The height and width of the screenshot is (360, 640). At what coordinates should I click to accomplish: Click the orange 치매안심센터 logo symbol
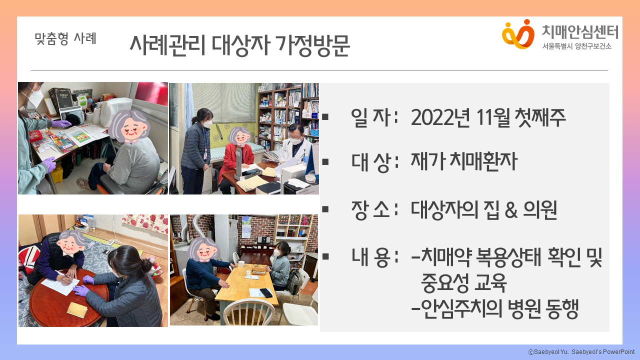[x=518, y=34]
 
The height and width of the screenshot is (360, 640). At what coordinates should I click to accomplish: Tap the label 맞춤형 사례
[x=65, y=38]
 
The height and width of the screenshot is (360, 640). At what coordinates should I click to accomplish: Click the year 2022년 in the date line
[x=440, y=117]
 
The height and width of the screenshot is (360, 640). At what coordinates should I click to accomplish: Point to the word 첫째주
[x=540, y=117]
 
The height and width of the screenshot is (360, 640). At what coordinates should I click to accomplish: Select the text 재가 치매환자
[x=464, y=161]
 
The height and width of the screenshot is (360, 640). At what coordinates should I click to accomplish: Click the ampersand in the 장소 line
[x=511, y=210]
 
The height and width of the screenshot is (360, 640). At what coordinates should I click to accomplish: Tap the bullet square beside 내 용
[x=325, y=256]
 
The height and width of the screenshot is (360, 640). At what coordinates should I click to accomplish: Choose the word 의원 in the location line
[x=540, y=210]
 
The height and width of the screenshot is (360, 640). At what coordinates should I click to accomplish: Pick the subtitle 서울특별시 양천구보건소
[x=577, y=46]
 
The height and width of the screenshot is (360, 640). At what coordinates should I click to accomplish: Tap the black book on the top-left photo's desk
[x=61, y=99]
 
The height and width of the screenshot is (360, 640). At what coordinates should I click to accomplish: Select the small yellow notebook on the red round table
[x=77, y=309]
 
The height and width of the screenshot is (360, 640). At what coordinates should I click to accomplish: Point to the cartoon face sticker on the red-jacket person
[x=239, y=136]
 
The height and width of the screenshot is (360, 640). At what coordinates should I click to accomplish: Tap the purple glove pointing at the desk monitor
[x=61, y=123]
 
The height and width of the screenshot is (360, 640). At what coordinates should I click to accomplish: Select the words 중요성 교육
[x=463, y=283]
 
